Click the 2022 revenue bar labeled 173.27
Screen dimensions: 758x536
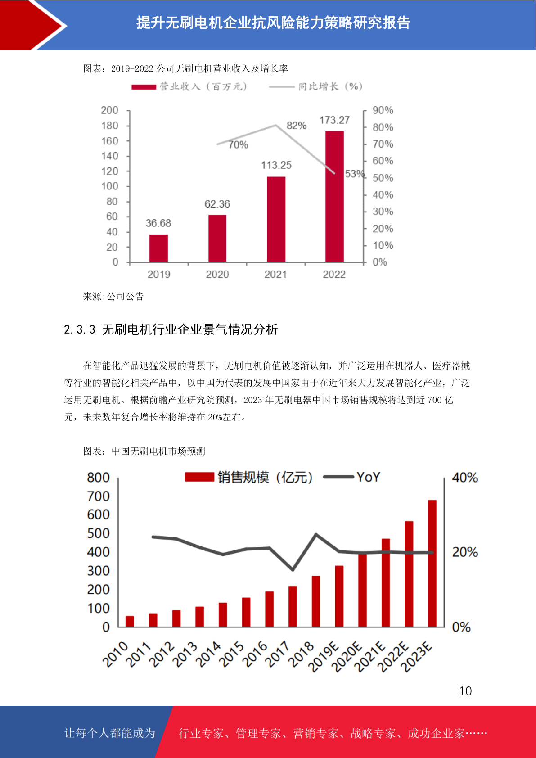tap(334, 197)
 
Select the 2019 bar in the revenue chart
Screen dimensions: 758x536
tap(158, 248)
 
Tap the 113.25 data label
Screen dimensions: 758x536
tap(276, 165)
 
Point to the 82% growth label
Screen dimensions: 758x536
tap(297, 126)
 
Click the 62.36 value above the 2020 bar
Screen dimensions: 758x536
tap(217, 204)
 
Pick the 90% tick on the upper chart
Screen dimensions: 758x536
tap(383, 110)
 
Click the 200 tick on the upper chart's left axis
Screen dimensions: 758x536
tap(109, 110)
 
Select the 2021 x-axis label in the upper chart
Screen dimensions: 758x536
tap(275, 274)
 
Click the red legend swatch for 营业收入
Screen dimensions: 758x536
tap(144, 87)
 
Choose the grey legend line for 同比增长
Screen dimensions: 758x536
tap(281, 87)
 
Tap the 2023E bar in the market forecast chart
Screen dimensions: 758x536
tap(432, 563)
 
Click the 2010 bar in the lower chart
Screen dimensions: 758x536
tap(130, 621)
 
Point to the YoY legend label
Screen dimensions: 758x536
tap(368, 477)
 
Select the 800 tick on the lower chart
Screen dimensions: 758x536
tap(98, 478)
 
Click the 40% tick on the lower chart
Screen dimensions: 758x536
tap(465, 478)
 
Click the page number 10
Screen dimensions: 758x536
tap(465, 691)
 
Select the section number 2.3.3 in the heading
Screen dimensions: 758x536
tap(80, 330)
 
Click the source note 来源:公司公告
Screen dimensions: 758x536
tap(113, 296)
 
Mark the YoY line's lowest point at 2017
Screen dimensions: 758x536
tap(293, 570)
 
